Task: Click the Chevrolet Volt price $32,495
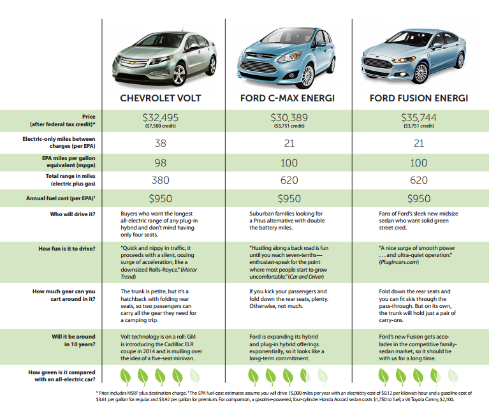[x=160, y=117]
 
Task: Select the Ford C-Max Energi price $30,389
[x=289, y=117]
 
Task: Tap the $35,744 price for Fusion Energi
[x=418, y=117]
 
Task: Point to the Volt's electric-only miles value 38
[x=160, y=143]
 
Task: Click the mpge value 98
[x=160, y=163]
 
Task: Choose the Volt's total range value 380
[x=160, y=180]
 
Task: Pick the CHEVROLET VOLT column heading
[x=160, y=98]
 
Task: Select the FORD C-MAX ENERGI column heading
[x=288, y=98]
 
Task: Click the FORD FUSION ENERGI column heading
[x=419, y=98]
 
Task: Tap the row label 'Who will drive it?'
[x=73, y=214]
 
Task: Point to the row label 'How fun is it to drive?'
[x=67, y=249]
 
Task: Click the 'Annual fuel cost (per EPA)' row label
[x=61, y=198]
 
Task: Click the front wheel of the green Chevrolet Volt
[x=179, y=74]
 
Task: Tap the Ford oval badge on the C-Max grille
[x=259, y=55]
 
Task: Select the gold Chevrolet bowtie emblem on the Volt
[x=133, y=63]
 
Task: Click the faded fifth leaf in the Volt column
[x=194, y=377]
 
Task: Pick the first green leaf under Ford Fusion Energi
[x=384, y=377]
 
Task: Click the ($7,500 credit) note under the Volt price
[x=160, y=126]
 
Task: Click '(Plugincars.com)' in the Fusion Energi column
[x=399, y=262]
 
